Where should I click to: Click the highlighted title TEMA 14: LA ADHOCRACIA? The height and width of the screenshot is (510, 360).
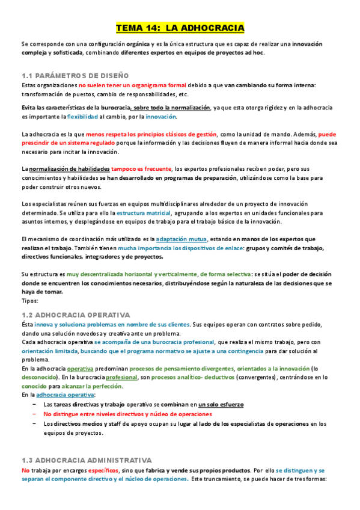click(x=180, y=28)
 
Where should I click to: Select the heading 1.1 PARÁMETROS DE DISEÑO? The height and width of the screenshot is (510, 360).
click(x=75, y=76)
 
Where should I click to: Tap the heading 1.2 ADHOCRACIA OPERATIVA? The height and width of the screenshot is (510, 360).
click(x=75, y=315)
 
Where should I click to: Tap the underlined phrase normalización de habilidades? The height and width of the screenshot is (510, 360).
click(x=69, y=168)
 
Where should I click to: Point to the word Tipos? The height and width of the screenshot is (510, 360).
click(x=29, y=301)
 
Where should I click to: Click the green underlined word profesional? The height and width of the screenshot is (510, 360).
click(x=121, y=377)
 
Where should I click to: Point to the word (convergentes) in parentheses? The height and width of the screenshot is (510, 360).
click(x=260, y=377)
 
